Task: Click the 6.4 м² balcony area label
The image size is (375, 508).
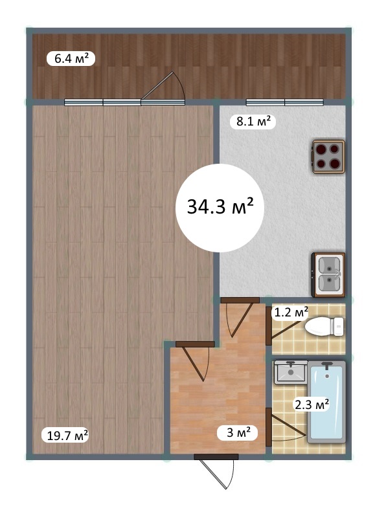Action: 71,59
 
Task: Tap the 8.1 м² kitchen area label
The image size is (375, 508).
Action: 253,122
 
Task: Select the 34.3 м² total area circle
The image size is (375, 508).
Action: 220,208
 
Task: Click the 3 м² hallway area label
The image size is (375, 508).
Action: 238,432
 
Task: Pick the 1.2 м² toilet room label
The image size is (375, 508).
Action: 290,313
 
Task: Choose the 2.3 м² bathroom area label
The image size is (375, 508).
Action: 311,404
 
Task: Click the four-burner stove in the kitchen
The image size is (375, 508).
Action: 328,157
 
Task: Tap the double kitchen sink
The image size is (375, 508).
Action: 328,275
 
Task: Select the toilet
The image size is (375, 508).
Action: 324,326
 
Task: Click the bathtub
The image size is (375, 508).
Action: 326,402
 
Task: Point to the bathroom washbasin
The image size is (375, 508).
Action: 291,372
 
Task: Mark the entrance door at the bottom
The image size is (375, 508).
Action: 216,471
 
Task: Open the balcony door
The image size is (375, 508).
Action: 163,89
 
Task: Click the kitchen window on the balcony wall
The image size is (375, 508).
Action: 284,102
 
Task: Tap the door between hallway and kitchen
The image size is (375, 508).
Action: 240,317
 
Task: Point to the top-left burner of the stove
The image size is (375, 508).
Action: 321,149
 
